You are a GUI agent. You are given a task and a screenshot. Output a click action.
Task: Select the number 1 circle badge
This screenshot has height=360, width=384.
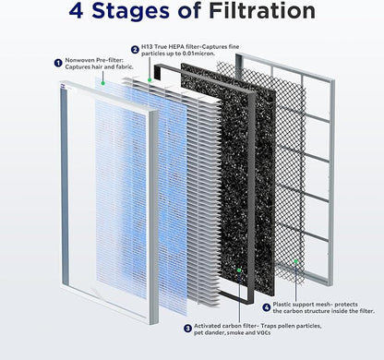point(58,63)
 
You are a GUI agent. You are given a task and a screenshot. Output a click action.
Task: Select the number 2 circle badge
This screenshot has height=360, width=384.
point(136,49)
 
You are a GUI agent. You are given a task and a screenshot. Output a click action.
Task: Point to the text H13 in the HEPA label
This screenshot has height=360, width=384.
point(151,49)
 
